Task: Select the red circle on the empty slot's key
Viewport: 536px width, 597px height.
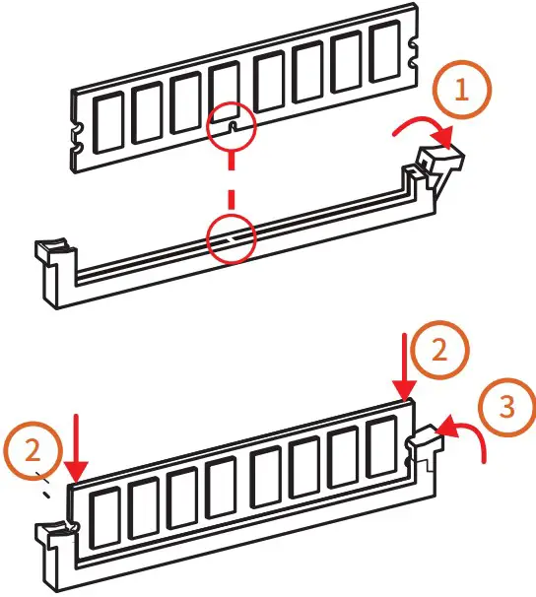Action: pyautogui.click(x=230, y=236)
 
